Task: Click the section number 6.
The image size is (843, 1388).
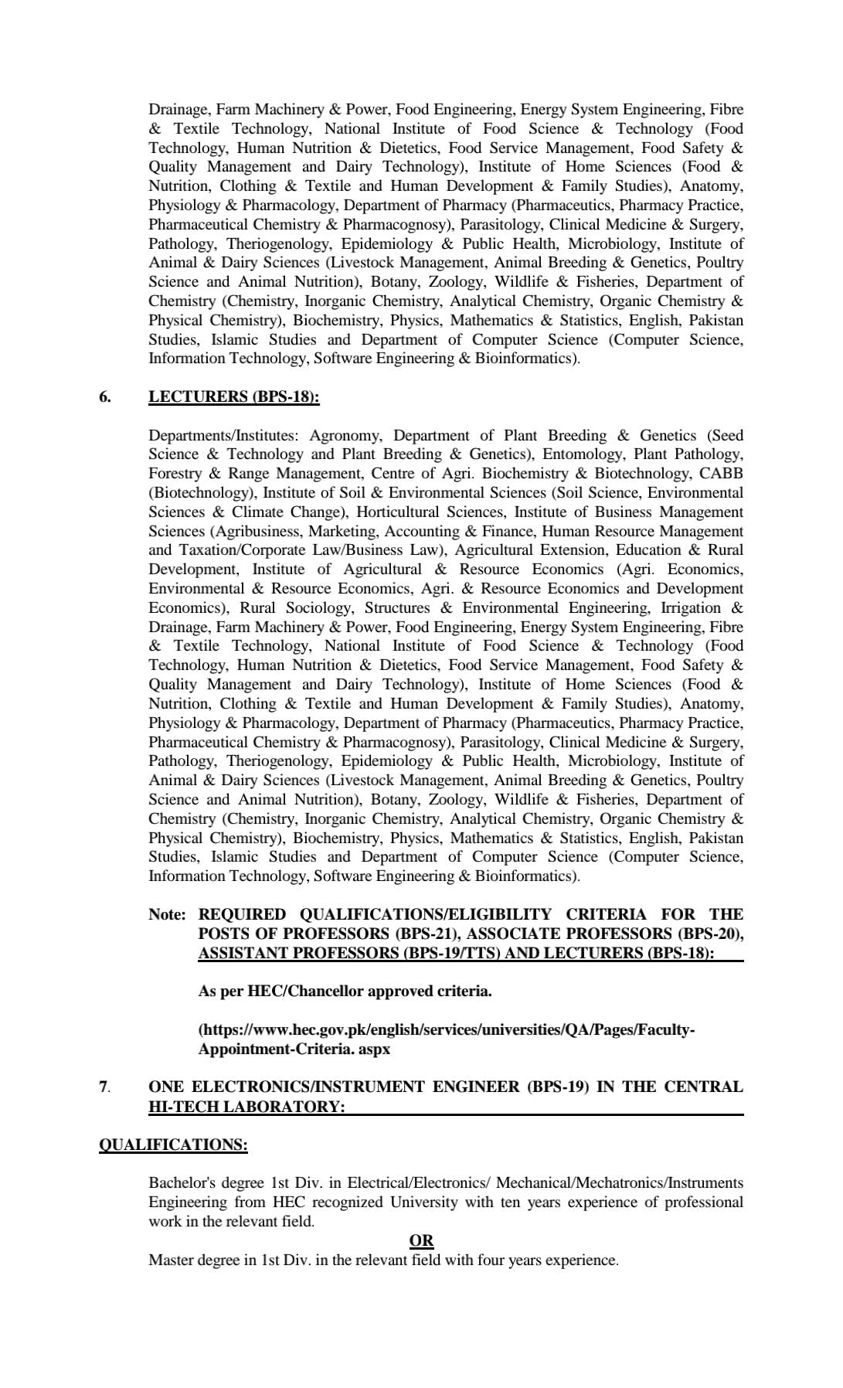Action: coord(104,397)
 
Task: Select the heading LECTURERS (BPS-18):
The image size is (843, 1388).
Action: coord(233,397)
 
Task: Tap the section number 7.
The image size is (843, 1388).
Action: coord(104,1087)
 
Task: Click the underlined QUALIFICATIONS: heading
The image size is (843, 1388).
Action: coord(173,1145)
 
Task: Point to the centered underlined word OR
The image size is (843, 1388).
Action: coord(421,1241)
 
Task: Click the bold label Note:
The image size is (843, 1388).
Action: coord(167,915)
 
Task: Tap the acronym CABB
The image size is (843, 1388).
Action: coord(721,474)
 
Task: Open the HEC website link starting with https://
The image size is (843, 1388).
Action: coord(447,1030)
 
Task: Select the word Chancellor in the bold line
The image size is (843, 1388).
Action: coord(323,992)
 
